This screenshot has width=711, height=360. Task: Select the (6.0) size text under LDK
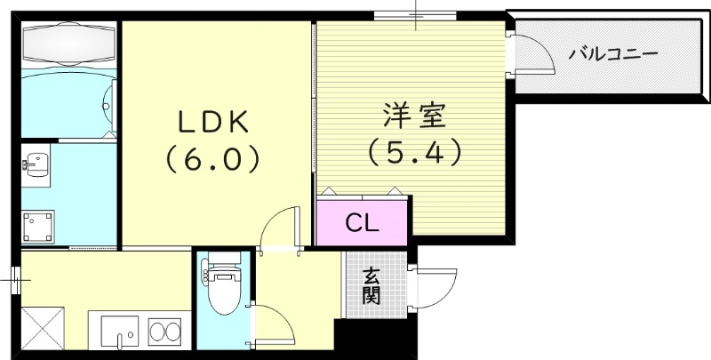(210, 158)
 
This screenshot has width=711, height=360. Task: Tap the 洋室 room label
(414, 116)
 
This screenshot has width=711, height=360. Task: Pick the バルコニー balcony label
(613, 54)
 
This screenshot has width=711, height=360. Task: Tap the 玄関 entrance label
(371, 286)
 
